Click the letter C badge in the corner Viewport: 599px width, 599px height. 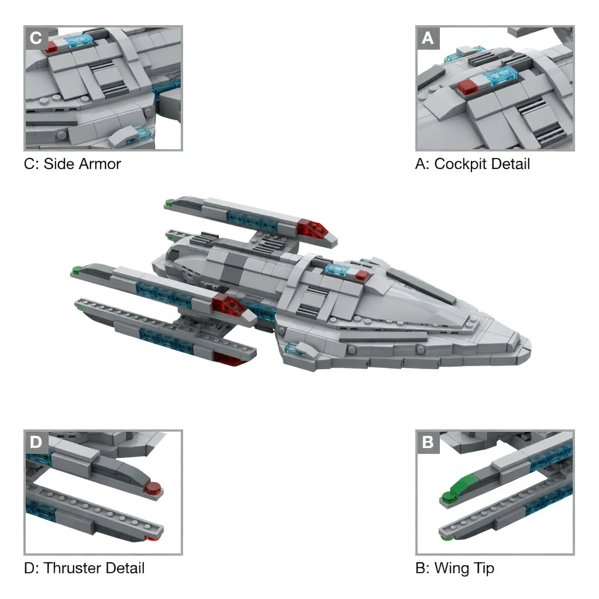pos(36,38)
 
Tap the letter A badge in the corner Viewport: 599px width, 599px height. pos(428,38)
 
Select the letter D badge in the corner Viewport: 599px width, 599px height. pos(36,442)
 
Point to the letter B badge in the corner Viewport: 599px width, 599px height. pos(428,442)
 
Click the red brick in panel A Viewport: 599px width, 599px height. pos(467,87)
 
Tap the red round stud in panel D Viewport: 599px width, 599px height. pos(153,488)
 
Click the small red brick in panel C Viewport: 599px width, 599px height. pos(51,47)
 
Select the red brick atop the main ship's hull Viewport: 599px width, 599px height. pos(362,275)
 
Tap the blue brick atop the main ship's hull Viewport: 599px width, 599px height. pos(339,269)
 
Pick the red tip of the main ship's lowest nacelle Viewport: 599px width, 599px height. pos(229,359)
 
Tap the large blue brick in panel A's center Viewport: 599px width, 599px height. pos(501,75)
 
